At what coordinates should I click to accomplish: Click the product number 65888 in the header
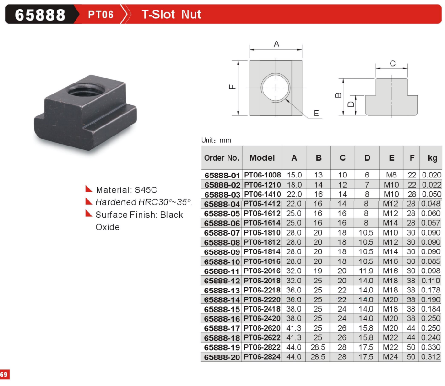[x=40, y=15]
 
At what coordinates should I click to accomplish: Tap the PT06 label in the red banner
[x=101, y=14]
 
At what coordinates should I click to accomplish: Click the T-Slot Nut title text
[x=172, y=14]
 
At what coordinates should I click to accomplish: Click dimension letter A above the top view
[x=276, y=44]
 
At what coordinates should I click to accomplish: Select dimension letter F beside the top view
[x=232, y=87]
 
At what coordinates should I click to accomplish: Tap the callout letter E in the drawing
[x=316, y=113]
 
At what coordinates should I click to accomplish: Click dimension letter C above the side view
[x=392, y=63]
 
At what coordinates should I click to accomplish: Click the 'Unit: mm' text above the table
[x=216, y=140]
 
